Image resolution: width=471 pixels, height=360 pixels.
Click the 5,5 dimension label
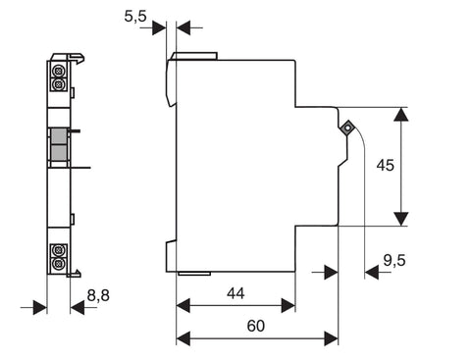pos(135,16)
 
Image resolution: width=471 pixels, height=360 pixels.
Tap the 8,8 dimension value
pos(98,295)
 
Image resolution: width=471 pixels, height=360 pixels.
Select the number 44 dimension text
pos(235,293)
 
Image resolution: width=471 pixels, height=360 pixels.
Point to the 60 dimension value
pos(256,326)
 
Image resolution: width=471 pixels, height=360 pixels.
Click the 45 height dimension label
pos(386,165)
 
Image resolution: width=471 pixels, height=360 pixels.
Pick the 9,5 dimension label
pos(394,261)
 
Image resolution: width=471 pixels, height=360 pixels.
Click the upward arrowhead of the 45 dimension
pos(401,115)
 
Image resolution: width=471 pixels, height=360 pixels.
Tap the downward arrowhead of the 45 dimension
pos(401,219)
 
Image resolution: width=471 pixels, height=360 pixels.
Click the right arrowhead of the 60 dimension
pos(331,338)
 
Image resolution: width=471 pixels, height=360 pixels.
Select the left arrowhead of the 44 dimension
pos(183,306)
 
